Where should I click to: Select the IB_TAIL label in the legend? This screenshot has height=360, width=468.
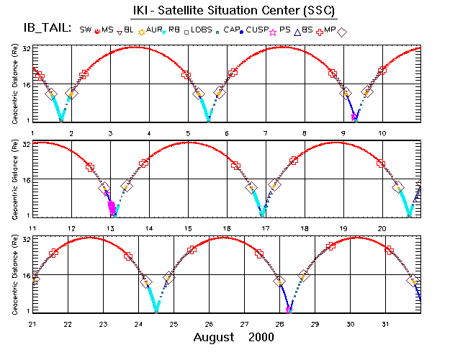pos(46,29)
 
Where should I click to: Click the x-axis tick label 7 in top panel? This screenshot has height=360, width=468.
pos(266,134)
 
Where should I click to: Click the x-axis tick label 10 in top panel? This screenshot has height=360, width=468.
pos(382,134)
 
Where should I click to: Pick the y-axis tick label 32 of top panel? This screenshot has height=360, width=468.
pos(25,48)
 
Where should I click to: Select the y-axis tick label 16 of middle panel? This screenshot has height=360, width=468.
pos(25,179)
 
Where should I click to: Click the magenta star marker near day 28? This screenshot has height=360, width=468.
pos(289,310)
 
